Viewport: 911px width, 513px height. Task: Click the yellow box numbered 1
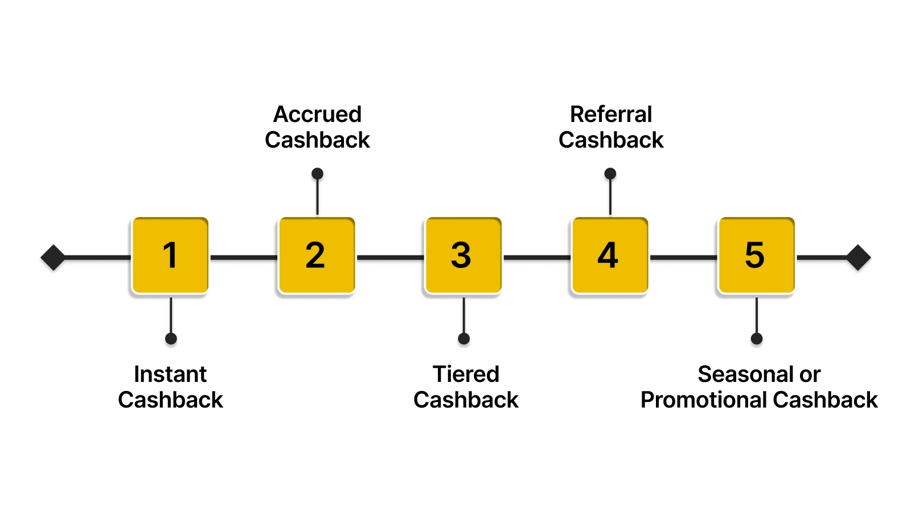click(x=170, y=255)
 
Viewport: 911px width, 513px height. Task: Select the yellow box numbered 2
click(x=317, y=255)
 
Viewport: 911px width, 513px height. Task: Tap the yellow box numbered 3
click(x=463, y=255)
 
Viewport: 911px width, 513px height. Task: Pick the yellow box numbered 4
click(x=609, y=255)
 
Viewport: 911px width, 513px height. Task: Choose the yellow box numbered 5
click(x=756, y=255)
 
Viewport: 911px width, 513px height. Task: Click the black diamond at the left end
click(x=54, y=258)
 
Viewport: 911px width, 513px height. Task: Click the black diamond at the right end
click(x=858, y=258)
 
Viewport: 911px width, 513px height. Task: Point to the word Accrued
click(x=317, y=115)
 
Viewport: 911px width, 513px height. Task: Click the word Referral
click(x=610, y=115)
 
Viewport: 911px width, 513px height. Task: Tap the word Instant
click(x=170, y=374)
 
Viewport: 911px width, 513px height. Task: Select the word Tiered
click(x=466, y=374)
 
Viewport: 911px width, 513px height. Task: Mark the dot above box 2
click(x=318, y=173)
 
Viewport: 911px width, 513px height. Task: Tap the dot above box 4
click(x=610, y=173)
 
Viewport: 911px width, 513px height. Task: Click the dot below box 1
click(x=171, y=339)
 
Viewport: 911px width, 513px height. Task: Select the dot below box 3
click(x=464, y=339)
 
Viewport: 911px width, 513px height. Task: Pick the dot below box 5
click(x=757, y=339)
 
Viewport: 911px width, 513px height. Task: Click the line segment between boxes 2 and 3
click(x=390, y=258)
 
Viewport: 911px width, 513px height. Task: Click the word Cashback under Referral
click(x=610, y=140)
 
